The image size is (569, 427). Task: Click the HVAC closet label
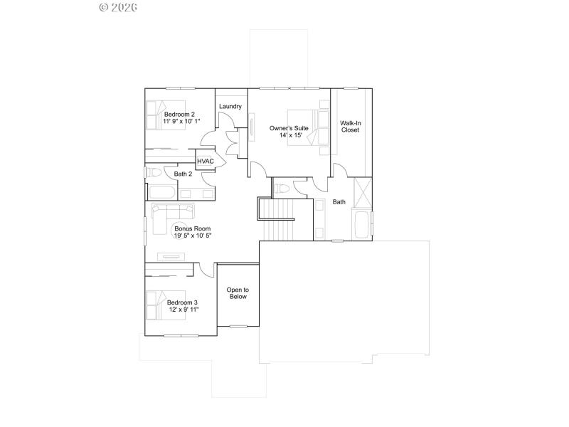click(x=206, y=162)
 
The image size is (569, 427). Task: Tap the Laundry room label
click(x=230, y=107)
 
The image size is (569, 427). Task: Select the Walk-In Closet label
click(x=350, y=127)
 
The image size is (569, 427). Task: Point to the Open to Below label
click(x=237, y=293)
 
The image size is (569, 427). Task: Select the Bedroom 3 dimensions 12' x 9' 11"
click(x=184, y=310)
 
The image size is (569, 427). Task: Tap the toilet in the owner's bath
click(x=282, y=189)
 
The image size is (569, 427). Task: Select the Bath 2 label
click(x=183, y=174)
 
